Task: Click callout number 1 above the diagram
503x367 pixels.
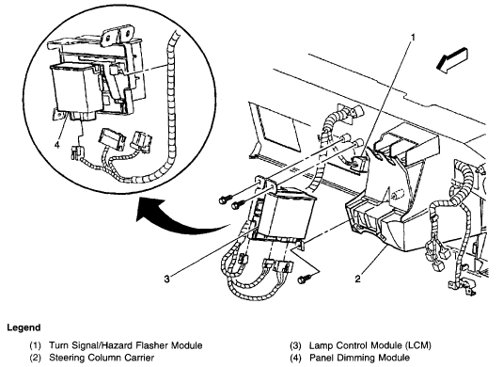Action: point(413,38)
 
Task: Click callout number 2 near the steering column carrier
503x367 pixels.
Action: point(357,279)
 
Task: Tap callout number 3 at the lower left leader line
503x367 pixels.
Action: point(166,279)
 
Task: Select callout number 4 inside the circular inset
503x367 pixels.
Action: point(57,145)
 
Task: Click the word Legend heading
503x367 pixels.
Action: point(24,327)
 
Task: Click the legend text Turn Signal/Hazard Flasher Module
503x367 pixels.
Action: point(125,345)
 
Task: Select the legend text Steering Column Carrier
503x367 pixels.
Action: point(102,358)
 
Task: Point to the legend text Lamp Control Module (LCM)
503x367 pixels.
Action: point(370,345)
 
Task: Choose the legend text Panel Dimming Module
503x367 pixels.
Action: point(359,358)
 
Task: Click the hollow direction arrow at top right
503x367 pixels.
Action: point(452,60)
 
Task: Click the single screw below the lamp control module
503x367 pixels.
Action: point(303,279)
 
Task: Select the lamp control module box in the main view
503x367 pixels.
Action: point(284,216)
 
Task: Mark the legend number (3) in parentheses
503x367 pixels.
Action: point(295,345)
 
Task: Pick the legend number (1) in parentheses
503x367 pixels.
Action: point(36,345)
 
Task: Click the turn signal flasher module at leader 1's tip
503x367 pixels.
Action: point(358,161)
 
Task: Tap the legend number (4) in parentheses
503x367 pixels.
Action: point(295,358)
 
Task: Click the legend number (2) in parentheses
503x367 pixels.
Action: point(36,358)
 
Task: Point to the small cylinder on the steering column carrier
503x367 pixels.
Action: point(397,195)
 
